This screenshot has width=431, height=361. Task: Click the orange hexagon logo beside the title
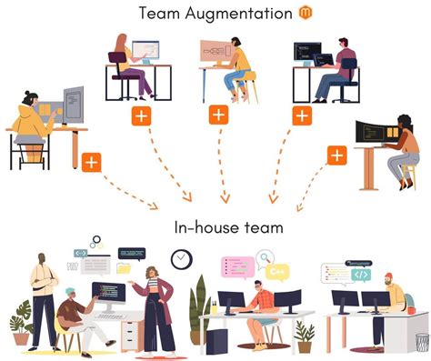tap(306, 13)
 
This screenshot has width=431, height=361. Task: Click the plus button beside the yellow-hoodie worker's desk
tap(91, 163)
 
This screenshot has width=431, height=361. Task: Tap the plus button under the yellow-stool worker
tap(218, 115)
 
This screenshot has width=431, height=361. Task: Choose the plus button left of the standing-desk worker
tap(336, 155)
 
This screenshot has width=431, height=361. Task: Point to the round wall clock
tap(182, 259)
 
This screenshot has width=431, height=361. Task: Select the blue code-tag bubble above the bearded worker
tap(361, 274)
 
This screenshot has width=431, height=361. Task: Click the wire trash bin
tap(421, 341)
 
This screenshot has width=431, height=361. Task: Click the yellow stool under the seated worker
tap(240, 89)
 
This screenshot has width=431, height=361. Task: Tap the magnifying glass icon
tap(264, 258)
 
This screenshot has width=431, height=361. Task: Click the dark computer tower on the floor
tap(216, 340)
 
